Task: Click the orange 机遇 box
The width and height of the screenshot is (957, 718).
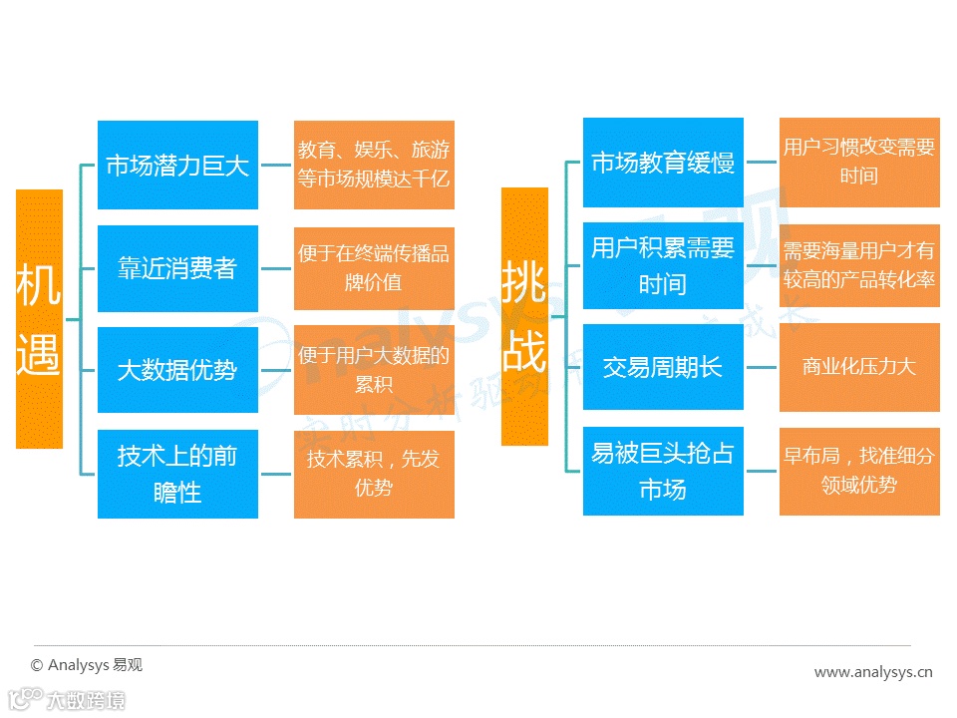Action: [39, 318]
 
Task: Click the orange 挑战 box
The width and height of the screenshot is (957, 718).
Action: [524, 316]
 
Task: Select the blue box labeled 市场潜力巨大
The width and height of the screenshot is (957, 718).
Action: [177, 165]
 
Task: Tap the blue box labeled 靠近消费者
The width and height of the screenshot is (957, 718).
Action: [177, 268]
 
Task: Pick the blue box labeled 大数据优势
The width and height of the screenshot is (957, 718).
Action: [177, 369]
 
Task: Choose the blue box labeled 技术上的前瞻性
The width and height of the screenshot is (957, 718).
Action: [177, 474]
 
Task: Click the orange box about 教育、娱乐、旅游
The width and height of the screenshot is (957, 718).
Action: [374, 165]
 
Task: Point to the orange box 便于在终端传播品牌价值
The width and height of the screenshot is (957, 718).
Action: [374, 268]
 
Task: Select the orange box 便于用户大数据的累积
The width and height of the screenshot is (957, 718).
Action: [374, 369]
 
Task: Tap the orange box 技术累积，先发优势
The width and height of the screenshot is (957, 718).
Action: [374, 474]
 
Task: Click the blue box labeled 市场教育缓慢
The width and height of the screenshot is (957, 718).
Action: [663, 163]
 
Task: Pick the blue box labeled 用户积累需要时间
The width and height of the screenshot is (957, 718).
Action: [663, 265]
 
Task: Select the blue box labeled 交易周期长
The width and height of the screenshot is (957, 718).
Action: [663, 367]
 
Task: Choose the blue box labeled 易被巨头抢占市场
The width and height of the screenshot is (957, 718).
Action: [663, 471]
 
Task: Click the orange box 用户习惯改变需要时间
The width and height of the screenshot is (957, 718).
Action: [859, 163]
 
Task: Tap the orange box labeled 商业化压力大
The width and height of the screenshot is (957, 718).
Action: [859, 367]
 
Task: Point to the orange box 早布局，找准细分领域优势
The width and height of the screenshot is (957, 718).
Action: [859, 471]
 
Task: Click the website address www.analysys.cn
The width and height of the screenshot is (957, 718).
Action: [873, 672]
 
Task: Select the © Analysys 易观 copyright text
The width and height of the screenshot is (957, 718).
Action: [87, 665]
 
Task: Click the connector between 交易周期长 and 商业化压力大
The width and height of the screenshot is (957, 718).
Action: [762, 367]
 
